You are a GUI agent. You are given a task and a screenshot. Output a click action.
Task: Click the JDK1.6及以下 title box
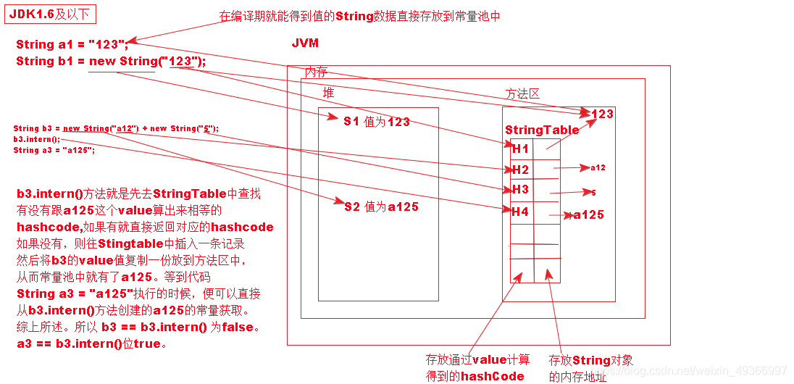click(50, 14)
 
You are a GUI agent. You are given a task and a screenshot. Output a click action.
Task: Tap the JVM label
click(305, 43)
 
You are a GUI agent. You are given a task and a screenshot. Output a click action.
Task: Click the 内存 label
click(316, 72)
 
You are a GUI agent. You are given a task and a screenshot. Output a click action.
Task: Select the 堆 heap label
click(329, 93)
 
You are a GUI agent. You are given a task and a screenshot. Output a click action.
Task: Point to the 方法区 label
click(522, 93)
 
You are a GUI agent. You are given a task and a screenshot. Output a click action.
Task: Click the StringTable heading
click(542, 130)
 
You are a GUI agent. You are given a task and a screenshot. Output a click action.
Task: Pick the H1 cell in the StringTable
click(520, 149)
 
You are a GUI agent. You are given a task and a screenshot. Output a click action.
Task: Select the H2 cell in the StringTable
click(520, 170)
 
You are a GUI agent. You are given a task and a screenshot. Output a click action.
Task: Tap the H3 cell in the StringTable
click(520, 190)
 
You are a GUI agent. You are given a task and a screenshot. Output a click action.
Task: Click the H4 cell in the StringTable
click(520, 212)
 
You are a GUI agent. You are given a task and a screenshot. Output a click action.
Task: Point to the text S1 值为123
click(377, 122)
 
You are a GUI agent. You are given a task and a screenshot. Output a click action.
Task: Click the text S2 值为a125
click(381, 206)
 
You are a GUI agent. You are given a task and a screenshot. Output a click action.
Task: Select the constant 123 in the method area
click(602, 114)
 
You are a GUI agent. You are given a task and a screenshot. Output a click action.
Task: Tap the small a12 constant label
click(598, 167)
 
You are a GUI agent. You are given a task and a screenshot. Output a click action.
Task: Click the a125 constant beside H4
click(588, 214)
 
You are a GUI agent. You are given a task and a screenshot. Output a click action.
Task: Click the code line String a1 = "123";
click(72, 45)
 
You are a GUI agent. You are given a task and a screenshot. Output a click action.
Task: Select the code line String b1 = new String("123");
click(111, 62)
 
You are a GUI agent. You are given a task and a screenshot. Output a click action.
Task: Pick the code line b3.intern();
click(37, 139)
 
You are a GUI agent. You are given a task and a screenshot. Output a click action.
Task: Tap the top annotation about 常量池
click(360, 16)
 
